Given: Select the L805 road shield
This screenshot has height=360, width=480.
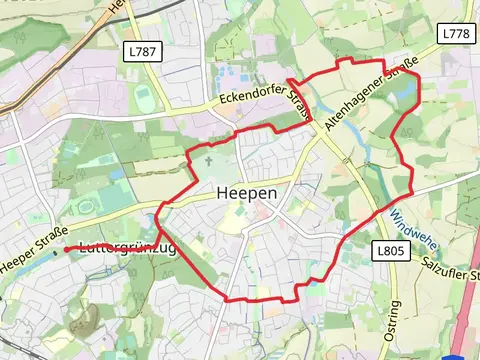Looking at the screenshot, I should click(x=392, y=250).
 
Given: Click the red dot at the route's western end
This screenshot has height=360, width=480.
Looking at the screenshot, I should click(x=66, y=249).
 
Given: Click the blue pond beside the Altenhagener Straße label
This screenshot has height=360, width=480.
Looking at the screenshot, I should click(x=405, y=96).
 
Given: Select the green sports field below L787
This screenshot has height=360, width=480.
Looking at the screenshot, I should click(x=144, y=95).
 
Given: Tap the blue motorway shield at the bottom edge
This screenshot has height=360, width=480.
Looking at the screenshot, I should click(x=460, y=355).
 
